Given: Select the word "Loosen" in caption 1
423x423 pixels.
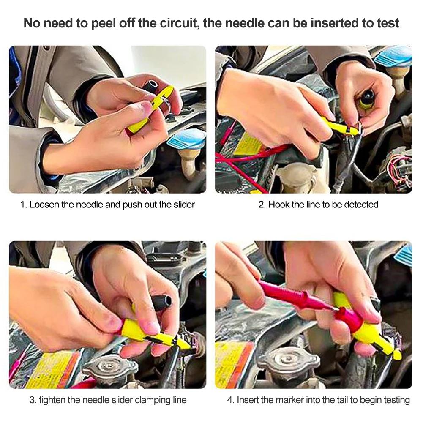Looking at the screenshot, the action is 44,205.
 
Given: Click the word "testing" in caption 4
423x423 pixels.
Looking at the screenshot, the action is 396,400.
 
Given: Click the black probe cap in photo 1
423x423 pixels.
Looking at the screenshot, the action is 152,87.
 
